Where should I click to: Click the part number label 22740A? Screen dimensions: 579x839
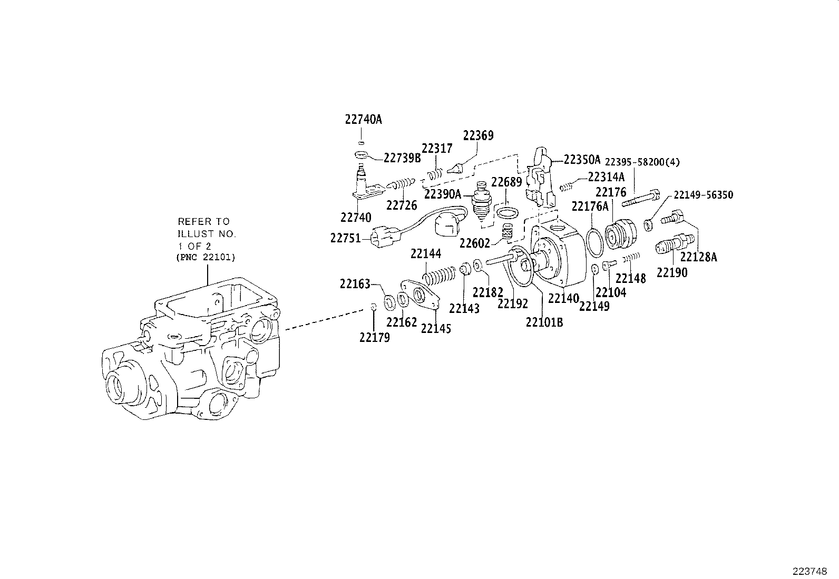tap(363, 120)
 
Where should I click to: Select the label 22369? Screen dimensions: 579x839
tap(478, 135)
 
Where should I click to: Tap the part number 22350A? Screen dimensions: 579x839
tap(582, 159)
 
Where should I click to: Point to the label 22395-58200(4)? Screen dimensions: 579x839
tap(641, 162)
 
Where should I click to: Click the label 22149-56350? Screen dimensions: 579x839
tap(703, 195)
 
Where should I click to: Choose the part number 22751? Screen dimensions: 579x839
tap(346, 238)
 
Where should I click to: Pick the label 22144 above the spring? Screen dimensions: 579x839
tap(426, 254)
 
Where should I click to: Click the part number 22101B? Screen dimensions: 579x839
tap(544, 322)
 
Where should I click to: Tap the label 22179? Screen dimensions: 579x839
tap(375, 338)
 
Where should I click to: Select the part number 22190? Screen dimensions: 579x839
tap(672, 272)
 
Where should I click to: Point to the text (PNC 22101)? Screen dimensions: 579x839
tap(206, 258)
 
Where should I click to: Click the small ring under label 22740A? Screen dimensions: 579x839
tap(361, 143)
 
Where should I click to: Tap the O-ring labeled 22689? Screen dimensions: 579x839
tap(506, 213)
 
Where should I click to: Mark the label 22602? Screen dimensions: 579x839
tap(474, 243)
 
